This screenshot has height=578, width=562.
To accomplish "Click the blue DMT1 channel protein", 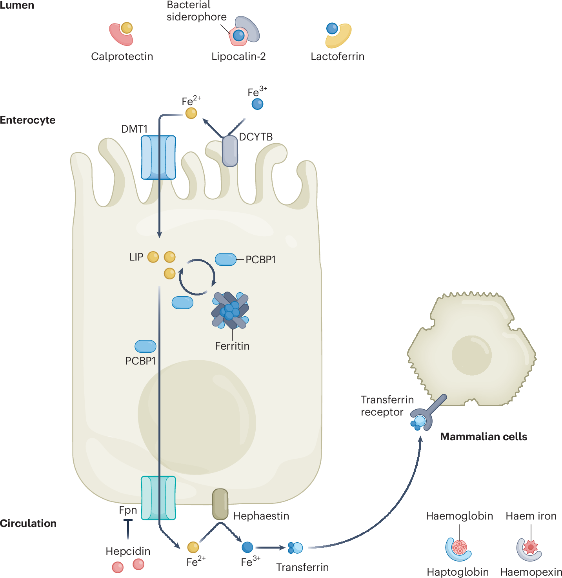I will tap(158, 157).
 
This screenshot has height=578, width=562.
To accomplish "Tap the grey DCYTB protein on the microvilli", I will tap(230, 151).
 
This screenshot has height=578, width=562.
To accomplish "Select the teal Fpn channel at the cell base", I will tap(158, 498).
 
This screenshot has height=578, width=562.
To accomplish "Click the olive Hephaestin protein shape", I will tap(220, 504).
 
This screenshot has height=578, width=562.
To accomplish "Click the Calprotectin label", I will tap(122, 57).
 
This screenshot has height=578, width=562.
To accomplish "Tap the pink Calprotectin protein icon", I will tap(120, 35).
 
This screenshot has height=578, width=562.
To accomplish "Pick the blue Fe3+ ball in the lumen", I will tap(257, 104).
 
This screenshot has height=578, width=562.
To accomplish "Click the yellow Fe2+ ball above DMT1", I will tap(191, 113).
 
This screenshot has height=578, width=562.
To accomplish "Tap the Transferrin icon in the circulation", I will tap(295, 548).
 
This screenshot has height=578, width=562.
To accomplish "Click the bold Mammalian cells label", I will tap(484, 437).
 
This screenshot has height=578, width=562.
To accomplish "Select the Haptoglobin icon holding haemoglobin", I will tap(458, 549).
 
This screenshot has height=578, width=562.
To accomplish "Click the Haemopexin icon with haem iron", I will tap(529, 549).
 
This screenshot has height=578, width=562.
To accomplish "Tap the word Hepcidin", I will tap(128, 551).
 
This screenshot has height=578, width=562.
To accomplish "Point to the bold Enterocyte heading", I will tap(28, 120).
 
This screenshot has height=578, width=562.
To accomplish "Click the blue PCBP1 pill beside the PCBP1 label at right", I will tap(226, 259).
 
